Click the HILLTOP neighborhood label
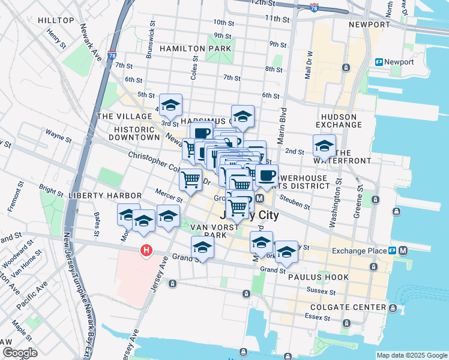[x=56, y=20]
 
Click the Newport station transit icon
[x=379, y=62]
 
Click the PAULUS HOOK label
[x=315, y=277]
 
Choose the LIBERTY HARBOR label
[x=105, y=196]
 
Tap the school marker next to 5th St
[x=171, y=105]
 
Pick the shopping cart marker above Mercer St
[x=190, y=179]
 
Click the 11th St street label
[x=277, y=19]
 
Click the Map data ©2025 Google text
[x=411, y=355]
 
